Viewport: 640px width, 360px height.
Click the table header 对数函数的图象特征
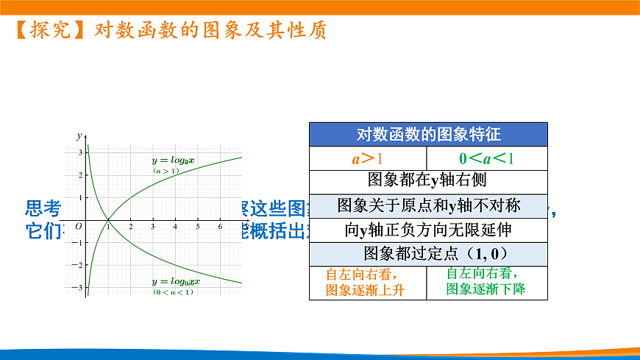[428, 134]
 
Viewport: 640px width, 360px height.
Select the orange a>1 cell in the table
[368, 158]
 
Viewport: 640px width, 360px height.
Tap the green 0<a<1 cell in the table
[487, 158]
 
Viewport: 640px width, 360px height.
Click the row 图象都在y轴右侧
[428, 180]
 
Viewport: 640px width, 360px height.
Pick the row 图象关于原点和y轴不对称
[428, 205]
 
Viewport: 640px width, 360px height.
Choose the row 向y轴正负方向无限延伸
[428, 230]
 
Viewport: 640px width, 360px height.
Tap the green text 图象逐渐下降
[486, 289]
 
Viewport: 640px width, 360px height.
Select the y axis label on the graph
[79, 136]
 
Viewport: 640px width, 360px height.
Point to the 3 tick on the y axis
[80, 152]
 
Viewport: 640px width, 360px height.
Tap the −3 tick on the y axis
[79, 288]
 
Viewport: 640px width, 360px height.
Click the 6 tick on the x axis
[221, 227]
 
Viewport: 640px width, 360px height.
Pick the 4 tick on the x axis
[175, 227]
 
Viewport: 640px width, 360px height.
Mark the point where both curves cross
[108, 219]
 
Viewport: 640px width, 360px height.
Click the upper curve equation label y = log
[172, 160]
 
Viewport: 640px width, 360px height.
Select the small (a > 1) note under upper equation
[166, 171]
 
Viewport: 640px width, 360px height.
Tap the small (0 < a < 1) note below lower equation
[174, 292]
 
